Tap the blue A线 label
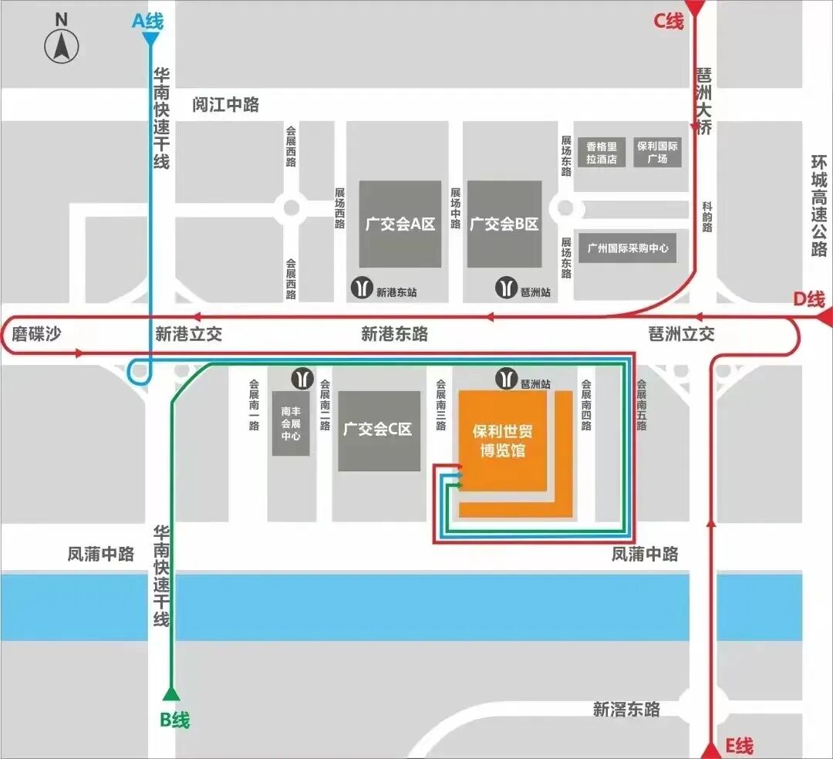coord(148,21)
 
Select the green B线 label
coord(175,720)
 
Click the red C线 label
coord(669,21)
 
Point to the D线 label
coord(809,299)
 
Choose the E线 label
coord(738,746)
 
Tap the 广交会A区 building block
coord(400,224)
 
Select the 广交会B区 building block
coord(504,224)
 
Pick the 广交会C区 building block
coord(379,430)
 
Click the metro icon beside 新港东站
coord(361,287)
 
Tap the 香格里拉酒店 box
coord(602,153)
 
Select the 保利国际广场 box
coord(657,153)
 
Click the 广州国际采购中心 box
coord(627,248)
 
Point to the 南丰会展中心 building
coord(291,423)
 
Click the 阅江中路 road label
coord(226,105)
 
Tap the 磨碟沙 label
coord(35,334)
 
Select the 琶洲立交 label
coord(681,334)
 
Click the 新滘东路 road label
coord(626,709)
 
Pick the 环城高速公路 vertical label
coord(819,206)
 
